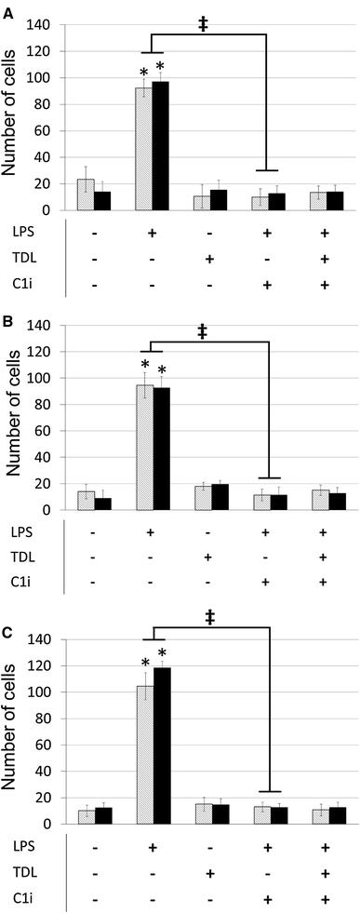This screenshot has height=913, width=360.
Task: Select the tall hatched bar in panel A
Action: (144, 149)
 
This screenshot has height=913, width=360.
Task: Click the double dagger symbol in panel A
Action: (204, 23)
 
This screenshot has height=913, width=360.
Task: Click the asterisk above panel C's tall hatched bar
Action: (145, 664)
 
